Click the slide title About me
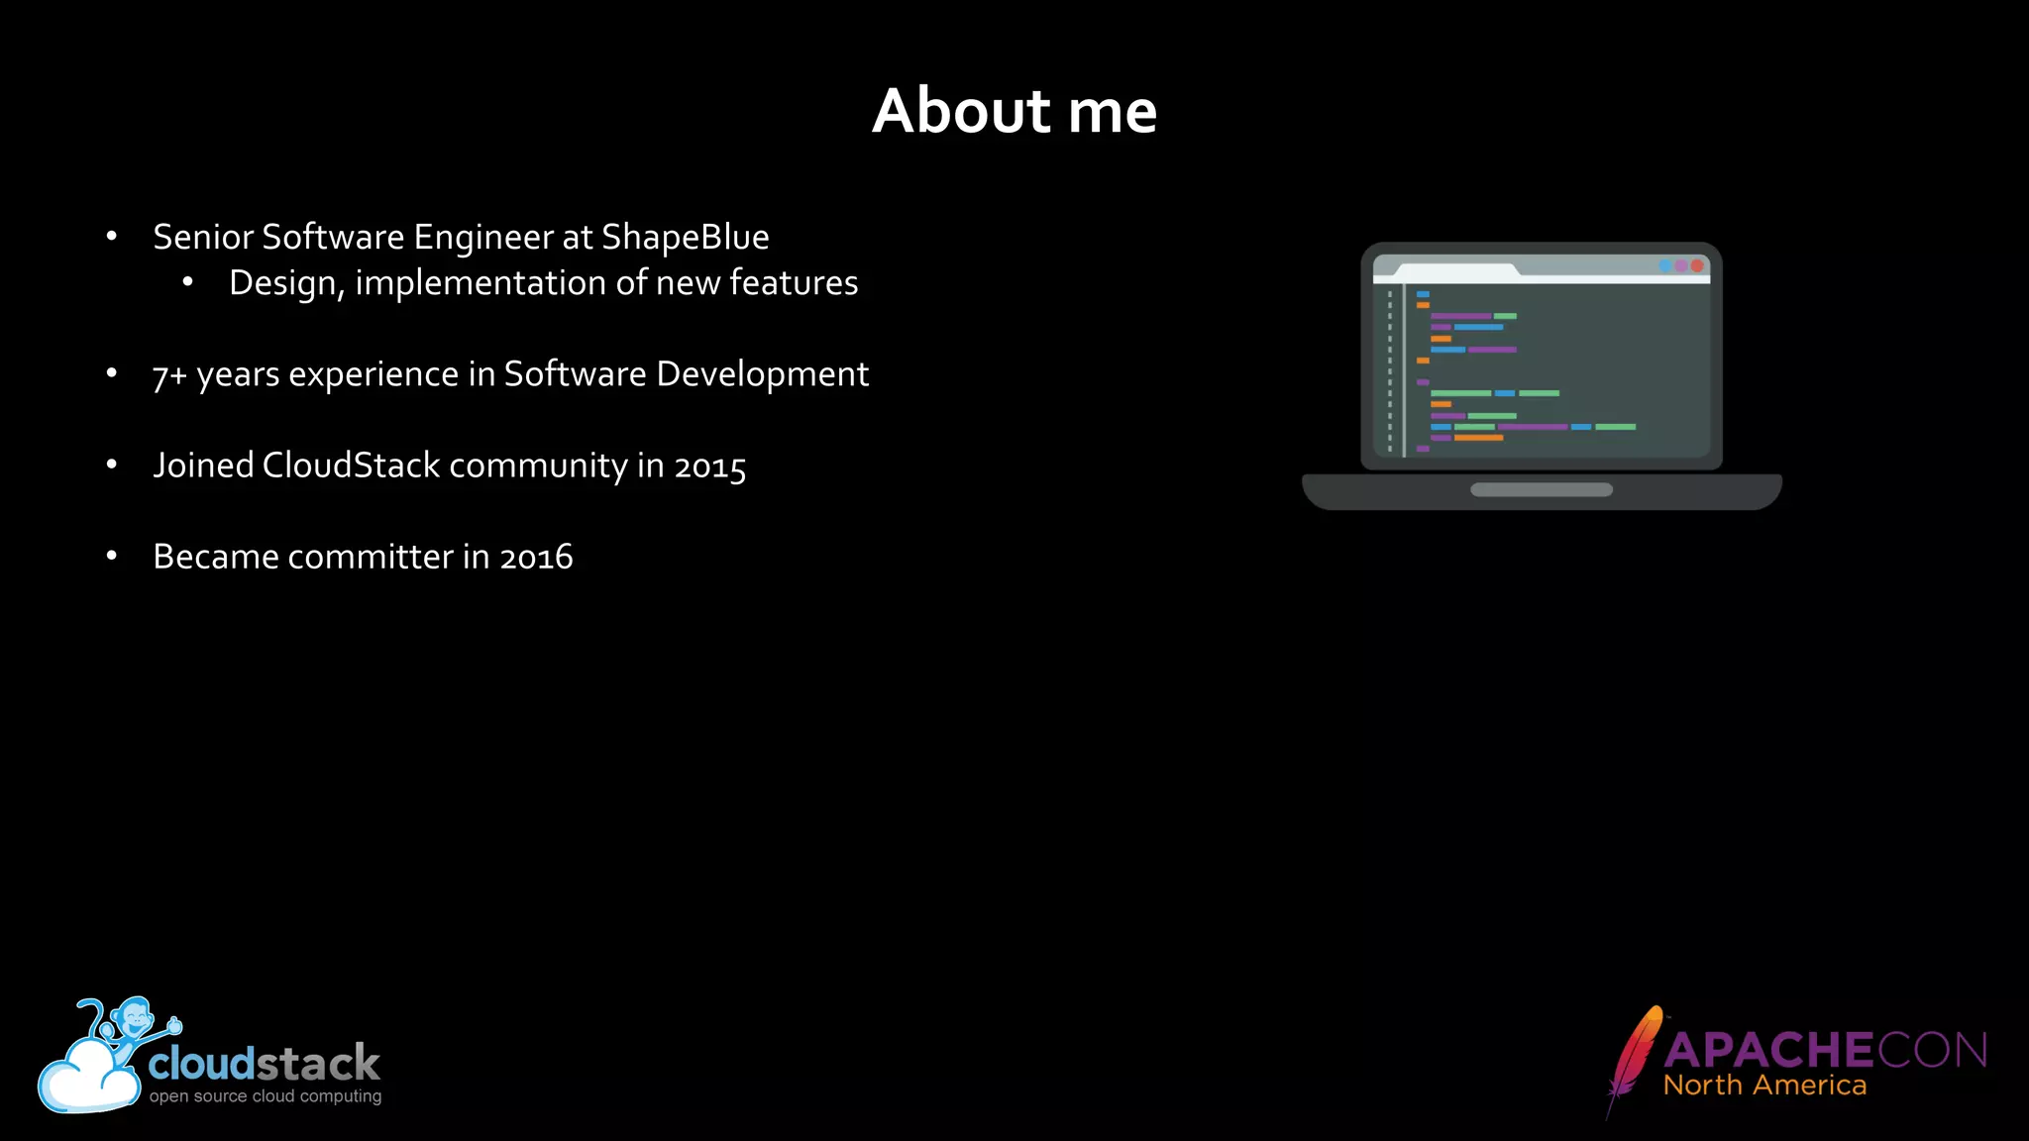coord(1014,110)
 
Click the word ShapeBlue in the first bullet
coord(685,238)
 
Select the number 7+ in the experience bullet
coord(169,375)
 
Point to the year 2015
coord(709,467)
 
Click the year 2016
coord(536,558)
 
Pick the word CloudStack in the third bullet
coord(351,466)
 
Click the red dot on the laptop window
coord(1697,265)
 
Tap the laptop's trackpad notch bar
coord(1541,489)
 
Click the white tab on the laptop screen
coord(1446,270)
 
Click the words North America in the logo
coord(1764,1086)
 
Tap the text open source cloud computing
coord(265,1096)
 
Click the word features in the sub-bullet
coord(794,283)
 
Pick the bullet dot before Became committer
coord(112,557)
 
